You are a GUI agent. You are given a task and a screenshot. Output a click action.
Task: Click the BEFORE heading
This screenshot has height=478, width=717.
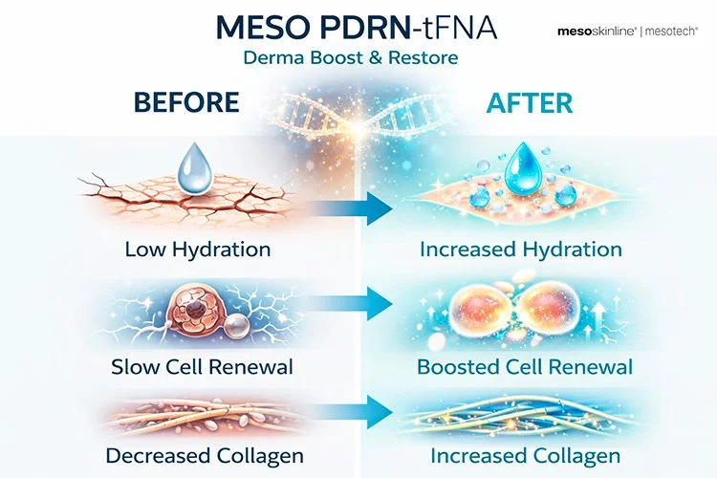(x=186, y=102)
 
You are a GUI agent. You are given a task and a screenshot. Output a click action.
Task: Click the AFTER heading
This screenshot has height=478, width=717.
(x=529, y=103)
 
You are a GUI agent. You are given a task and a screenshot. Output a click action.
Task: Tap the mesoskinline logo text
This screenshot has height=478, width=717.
(x=597, y=32)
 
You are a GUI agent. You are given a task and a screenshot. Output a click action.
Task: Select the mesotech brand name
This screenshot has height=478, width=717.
(x=671, y=32)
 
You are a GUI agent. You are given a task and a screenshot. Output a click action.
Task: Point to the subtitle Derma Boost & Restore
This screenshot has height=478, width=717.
(x=351, y=58)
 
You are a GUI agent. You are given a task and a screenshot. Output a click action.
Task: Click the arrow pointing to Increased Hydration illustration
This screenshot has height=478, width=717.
(x=351, y=208)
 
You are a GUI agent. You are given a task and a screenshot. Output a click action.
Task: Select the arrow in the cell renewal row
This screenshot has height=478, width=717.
(x=351, y=304)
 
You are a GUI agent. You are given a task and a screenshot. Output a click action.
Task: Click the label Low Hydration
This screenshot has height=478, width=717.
(x=198, y=250)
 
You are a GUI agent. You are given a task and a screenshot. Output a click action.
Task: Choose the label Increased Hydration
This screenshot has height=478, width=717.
(x=521, y=250)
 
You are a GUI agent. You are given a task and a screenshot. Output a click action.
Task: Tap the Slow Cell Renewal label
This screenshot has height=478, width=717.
(x=202, y=367)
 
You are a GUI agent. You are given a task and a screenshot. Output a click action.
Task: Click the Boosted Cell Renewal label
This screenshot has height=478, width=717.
(x=525, y=367)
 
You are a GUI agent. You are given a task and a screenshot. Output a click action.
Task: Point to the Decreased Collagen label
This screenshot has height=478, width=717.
(x=205, y=456)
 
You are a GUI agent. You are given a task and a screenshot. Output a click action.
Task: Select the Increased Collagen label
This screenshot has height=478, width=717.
(x=526, y=456)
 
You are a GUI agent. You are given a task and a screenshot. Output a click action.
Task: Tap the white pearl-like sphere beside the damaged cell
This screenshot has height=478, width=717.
(x=236, y=326)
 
